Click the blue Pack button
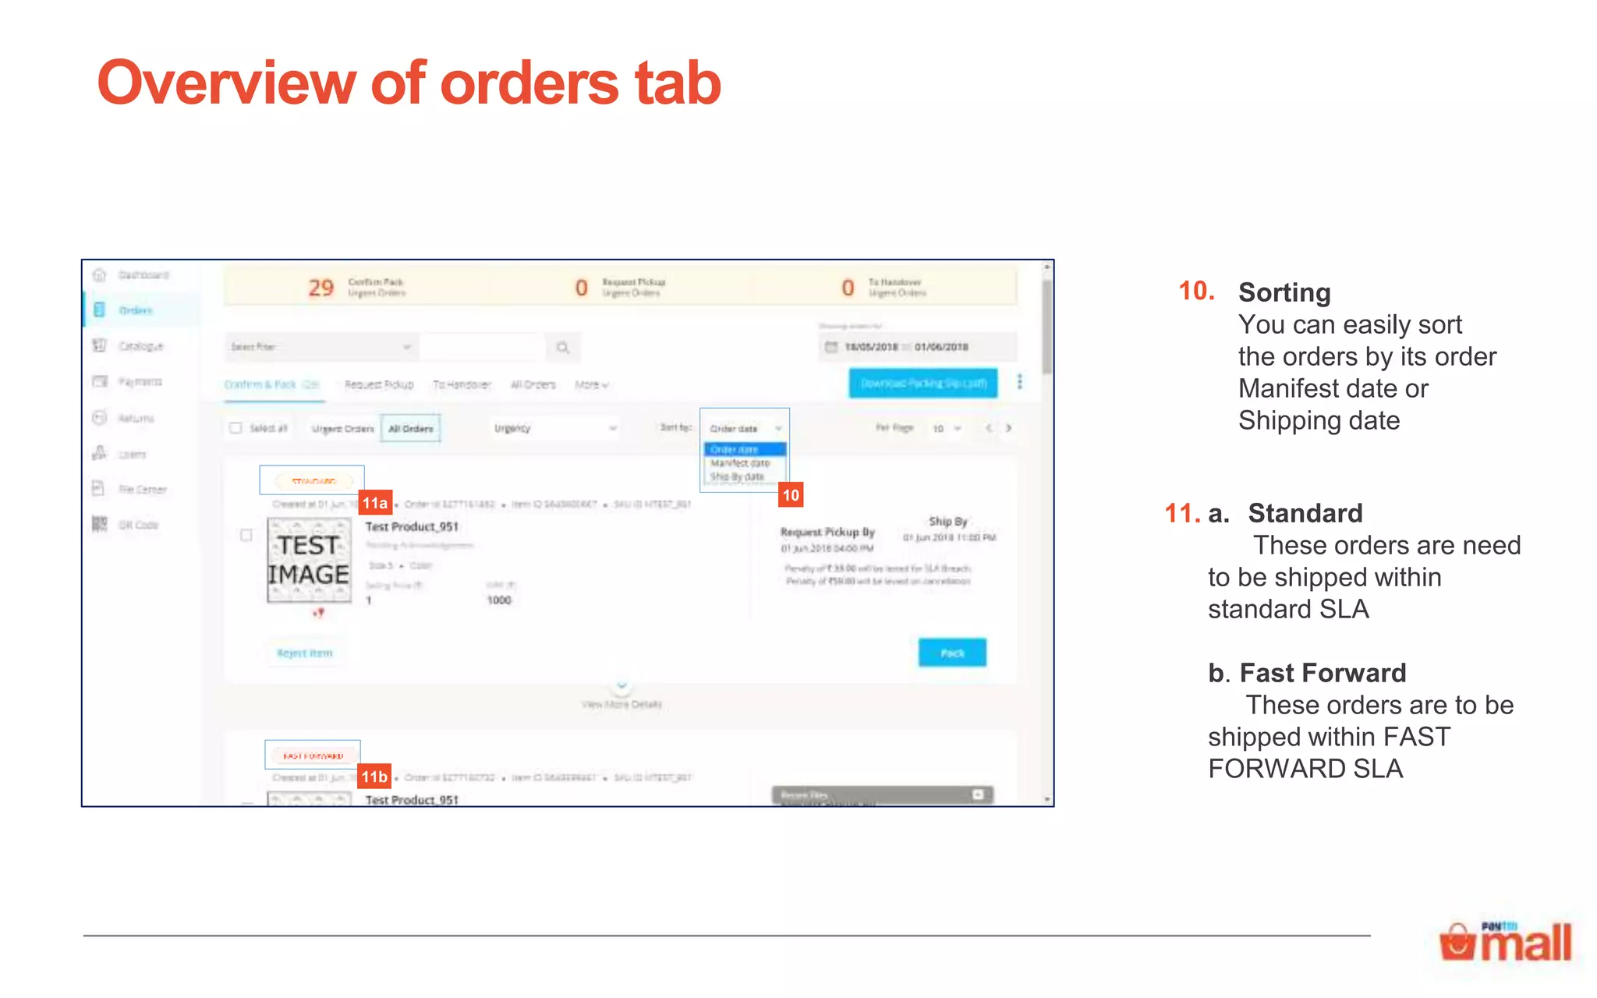click(951, 653)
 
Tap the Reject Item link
click(304, 653)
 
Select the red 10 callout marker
click(790, 495)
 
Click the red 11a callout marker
click(375, 503)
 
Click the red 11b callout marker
click(374, 777)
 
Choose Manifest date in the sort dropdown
click(740, 463)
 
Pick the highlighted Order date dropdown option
click(744, 449)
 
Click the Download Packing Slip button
click(922, 383)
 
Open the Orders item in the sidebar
click(135, 310)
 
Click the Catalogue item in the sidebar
click(140, 346)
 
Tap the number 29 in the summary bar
click(320, 288)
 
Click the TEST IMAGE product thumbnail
click(309, 561)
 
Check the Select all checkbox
click(235, 428)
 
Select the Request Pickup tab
click(379, 384)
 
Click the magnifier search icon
click(562, 347)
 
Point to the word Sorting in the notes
click(1284, 292)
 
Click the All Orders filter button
click(410, 429)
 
